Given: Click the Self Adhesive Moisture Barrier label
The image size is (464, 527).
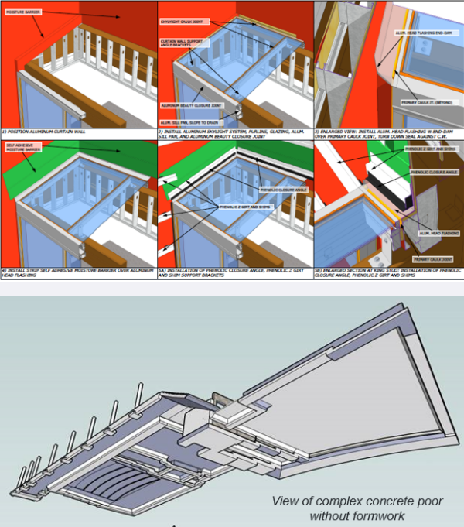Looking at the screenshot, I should tap(22, 149).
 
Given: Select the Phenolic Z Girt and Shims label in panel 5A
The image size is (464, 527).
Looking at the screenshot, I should tap(244, 207).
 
